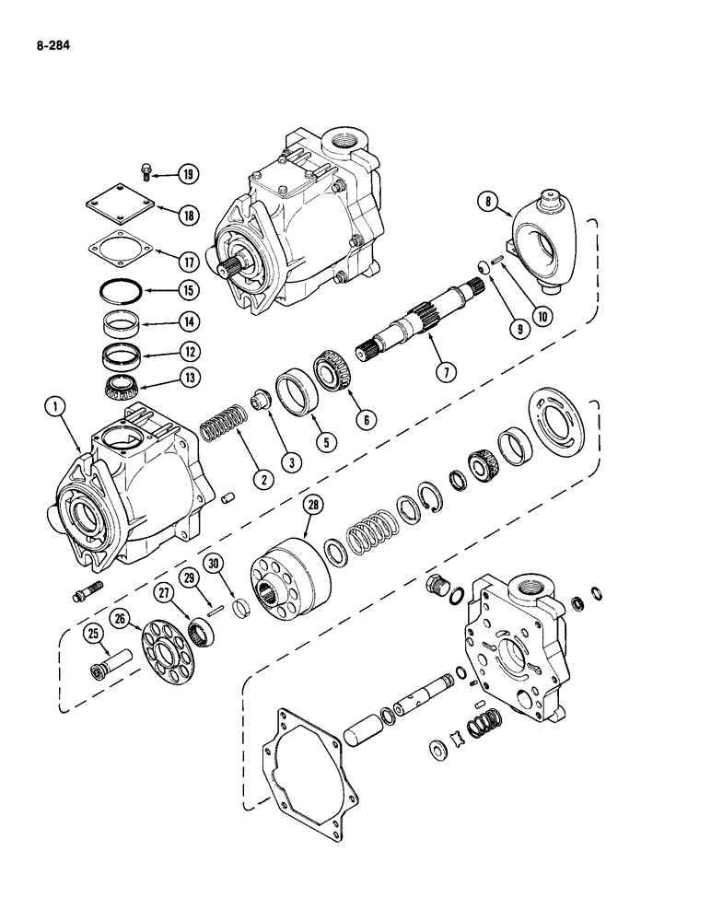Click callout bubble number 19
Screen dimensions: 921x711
coord(189,174)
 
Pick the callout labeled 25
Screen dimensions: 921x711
coord(93,632)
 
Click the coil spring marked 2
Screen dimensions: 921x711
coord(221,431)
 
